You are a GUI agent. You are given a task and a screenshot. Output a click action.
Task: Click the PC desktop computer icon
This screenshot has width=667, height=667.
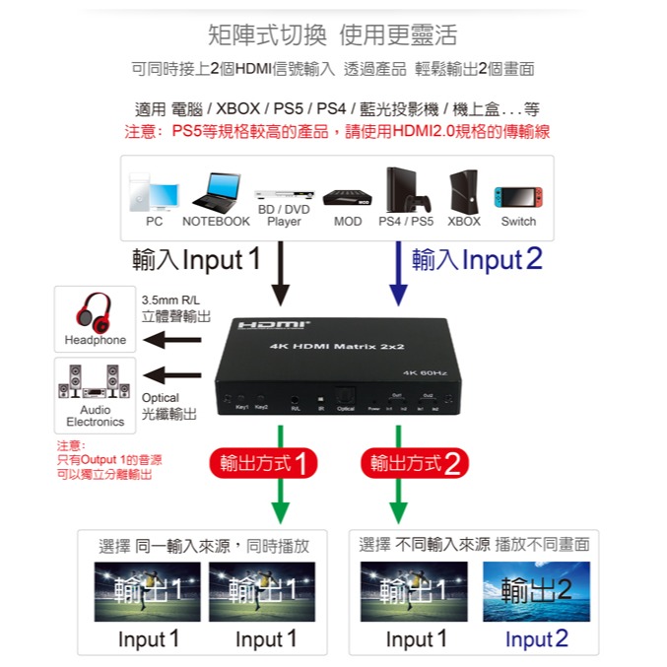(154, 193)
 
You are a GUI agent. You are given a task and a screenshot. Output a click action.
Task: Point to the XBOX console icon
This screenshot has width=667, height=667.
(463, 191)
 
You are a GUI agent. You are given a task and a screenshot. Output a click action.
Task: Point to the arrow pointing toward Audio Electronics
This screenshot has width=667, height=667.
(171, 374)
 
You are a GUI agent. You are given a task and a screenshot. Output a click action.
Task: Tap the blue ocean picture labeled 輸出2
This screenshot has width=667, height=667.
(536, 591)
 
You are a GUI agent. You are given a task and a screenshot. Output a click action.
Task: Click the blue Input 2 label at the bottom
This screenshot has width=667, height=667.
(536, 639)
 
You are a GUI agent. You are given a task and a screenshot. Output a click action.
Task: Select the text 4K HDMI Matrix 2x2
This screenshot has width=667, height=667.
(324, 347)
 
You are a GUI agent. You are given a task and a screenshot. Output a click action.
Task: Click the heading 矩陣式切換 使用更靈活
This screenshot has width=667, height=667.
(333, 36)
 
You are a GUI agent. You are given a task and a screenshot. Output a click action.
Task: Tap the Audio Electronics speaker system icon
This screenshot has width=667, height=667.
(94, 381)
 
